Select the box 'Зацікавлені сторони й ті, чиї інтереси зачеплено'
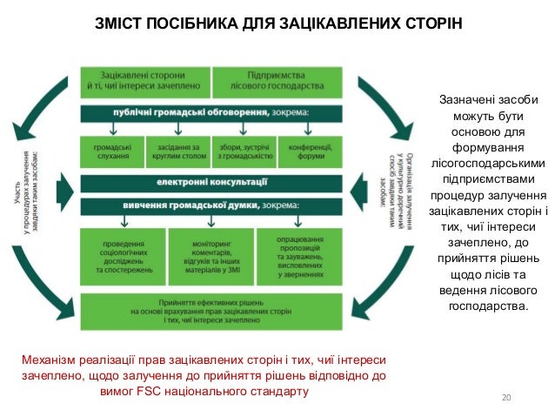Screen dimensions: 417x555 [144, 81]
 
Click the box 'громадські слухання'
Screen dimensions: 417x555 [111, 151]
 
